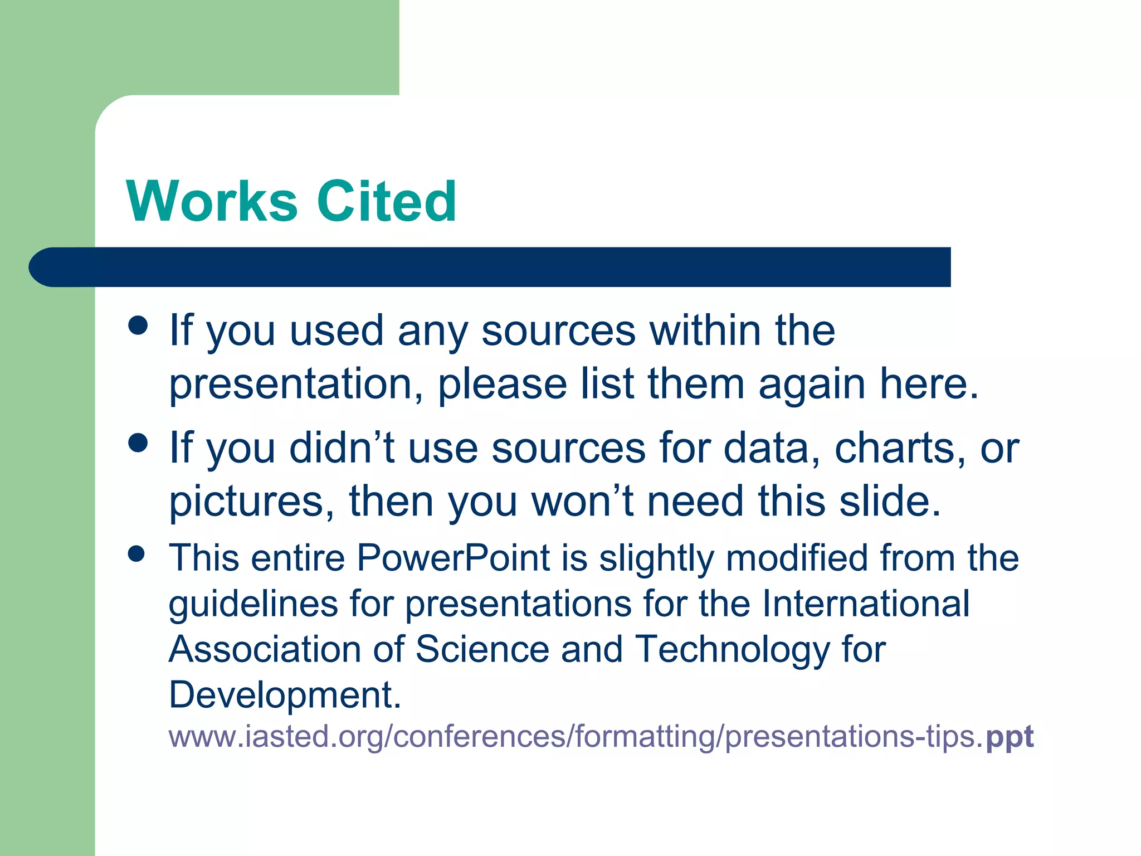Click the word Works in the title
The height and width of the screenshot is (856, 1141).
(212, 202)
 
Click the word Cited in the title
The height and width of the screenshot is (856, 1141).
(387, 202)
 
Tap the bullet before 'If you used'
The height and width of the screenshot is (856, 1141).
(138, 325)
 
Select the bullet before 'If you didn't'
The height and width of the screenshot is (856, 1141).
(138, 443)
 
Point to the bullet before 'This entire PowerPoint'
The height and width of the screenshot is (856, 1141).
(136, 554)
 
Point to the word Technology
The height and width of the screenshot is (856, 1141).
(732, 650)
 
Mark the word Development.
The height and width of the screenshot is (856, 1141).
(284, 695)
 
